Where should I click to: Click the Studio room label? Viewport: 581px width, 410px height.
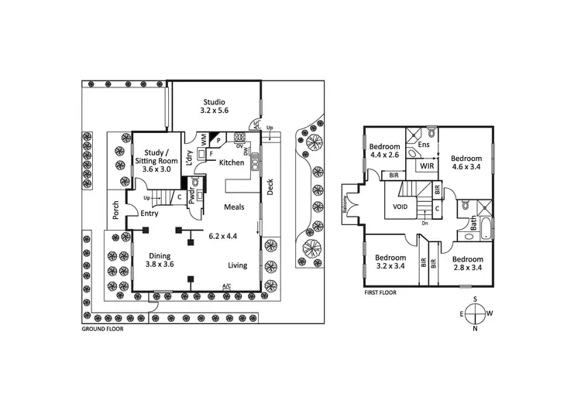[214, 107]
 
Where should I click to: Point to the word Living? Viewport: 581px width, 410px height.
[237, 266]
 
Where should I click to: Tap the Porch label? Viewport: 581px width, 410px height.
[116, 210]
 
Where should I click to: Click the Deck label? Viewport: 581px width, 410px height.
[270, 189]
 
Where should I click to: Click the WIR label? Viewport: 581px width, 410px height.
[425, 166]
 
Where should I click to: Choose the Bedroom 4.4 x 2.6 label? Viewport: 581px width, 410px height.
[384, 152]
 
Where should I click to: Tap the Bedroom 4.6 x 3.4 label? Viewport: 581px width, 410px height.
[466, 160]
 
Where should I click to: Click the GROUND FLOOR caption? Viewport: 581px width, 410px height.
[102, 328]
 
